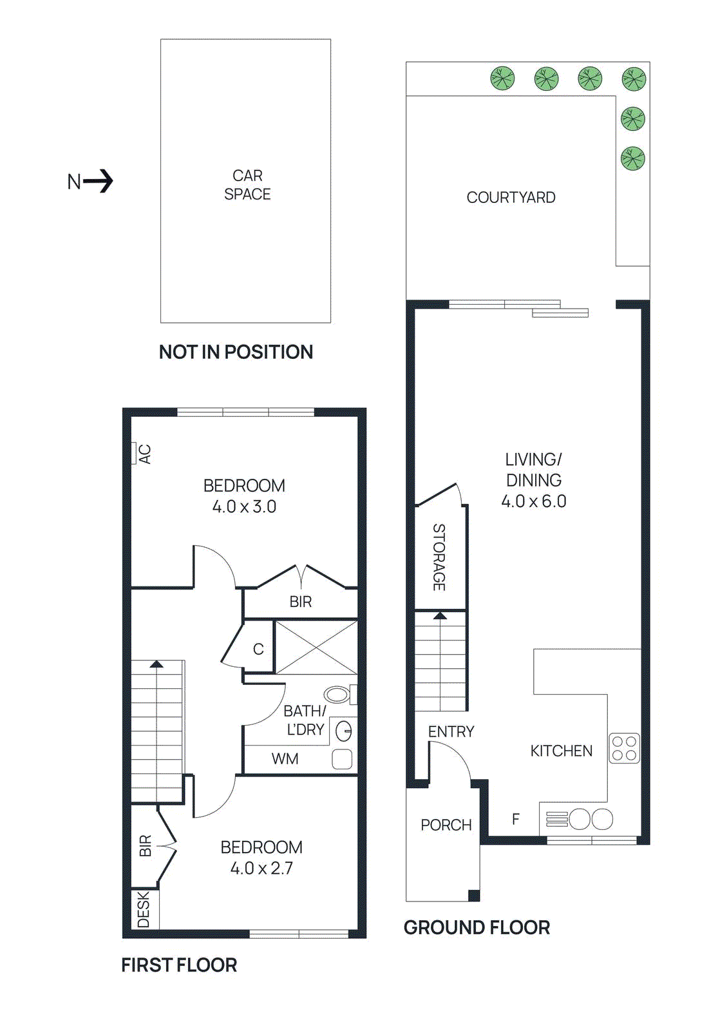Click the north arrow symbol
pyautogui.click(x=98, y=181)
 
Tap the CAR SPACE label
pyautogui.click(x=247, y=185)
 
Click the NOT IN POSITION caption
pyautogui.click(x=236, y=352)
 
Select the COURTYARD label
pyautogui.click(x=511, y=198)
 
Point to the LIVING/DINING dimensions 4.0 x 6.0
pyautogui.click(x=533, y=501)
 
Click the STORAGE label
pyautogui.click(x=439, y=557)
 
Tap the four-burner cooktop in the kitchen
pyautogui.click(x=624, y=748)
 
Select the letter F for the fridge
pyautogui.click(x=516, y=820)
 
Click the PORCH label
pyautogui.click(x=446, y=825)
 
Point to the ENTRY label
pyautogui.click(x=451, y=732)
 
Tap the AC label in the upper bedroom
pyautogui.click(x=145, y=454)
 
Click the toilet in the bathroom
pyautogui.click(x=337, y=694)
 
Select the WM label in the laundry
pyautogui.click(x=285, y=759)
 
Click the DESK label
pyautogui.click(x=144, y=909)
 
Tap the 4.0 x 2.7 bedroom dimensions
pyautogui.click(x=261, y=869)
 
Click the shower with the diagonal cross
pyautogui.click(x=316, y=647)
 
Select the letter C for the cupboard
pyautogui.click(x=258, y=650)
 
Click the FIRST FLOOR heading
pyautogui.click(x=179, y=965)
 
